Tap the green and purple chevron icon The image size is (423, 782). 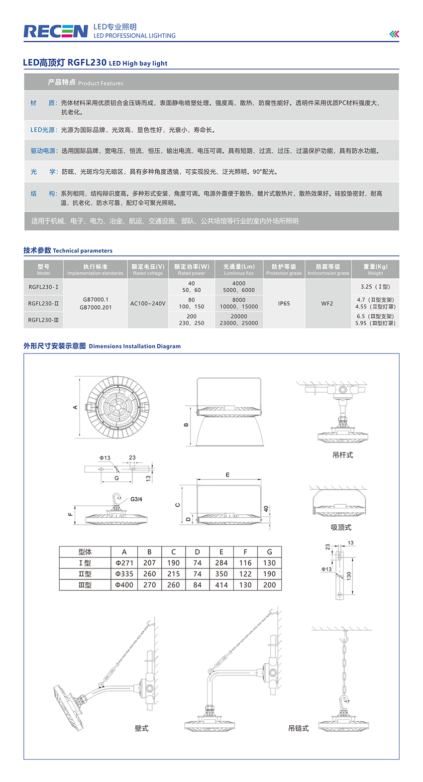[394, 34]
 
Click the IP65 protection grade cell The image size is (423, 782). [284, 303]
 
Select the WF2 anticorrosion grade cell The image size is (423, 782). [327, 303]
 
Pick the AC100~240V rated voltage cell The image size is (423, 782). [148, 303]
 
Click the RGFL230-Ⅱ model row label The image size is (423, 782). [43, 303]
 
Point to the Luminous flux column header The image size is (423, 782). [239, 269]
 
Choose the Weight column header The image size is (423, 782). [375, 269]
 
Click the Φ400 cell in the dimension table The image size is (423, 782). [124, 585]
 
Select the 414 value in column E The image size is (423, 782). [221, 585]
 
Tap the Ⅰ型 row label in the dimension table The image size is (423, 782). [85, 563]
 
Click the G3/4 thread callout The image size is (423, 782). [136, 499]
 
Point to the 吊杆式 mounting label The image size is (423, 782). [342, 455]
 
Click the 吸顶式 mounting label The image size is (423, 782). [341, 527]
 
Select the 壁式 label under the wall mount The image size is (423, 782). [141, 728]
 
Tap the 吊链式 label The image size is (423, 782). [299, 728]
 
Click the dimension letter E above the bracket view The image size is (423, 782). [227, 475]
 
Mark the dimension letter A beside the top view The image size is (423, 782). [76, 407]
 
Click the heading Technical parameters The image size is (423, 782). [68, 250]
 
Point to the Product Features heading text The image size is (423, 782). [86, 83]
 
